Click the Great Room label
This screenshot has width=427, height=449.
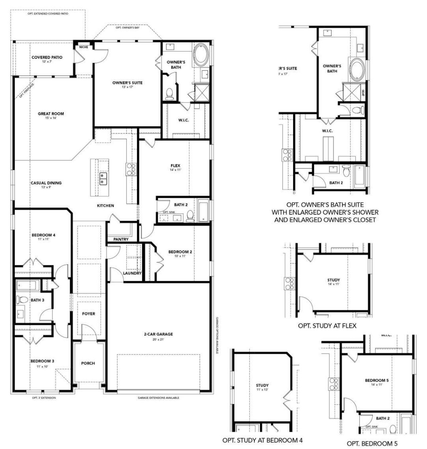(x=51, y=114)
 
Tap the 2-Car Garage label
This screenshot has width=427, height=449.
(x=158, y=334)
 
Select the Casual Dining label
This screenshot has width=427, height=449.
(x=46, y=183)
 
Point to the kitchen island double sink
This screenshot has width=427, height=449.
(x=102, y=178)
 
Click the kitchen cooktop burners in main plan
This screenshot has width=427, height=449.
(x=130, y=169)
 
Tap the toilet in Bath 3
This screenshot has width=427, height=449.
(x=22, y=300)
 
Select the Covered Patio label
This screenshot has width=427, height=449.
(x=47, y=57)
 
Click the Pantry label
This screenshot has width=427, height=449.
(x=121, y=239)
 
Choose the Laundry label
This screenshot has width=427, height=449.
(x=132, y=273)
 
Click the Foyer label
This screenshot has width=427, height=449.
(x=88, y=314)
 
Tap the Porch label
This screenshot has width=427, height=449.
(x=88, y=363)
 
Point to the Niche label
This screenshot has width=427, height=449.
(x=83, y=47)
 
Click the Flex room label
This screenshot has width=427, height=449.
(x=175, y=166)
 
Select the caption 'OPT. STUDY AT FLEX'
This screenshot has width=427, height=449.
(x=327, y=326)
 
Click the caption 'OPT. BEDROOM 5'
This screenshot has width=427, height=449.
(x=372, y=444)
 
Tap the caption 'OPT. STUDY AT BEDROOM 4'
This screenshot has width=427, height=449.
(x=263, y=440)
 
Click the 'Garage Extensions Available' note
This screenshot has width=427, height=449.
(x=158, y=398)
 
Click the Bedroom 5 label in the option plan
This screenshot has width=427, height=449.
(x=377, y=380)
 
